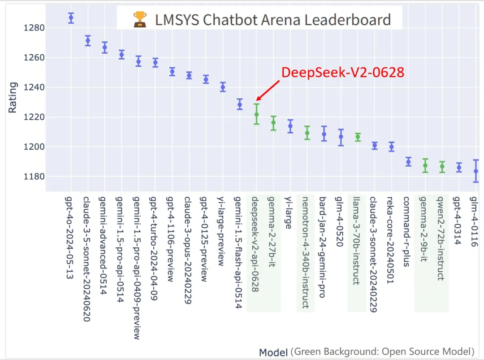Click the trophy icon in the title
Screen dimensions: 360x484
click(140, 19)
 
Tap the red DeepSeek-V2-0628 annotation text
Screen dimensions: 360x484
click(343, 73)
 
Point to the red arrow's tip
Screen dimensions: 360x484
click(257, 100)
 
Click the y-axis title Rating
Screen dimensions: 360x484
click(13, 97)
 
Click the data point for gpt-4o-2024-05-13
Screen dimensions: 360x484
click(71, 18)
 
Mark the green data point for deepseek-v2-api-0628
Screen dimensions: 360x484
click(256, 114)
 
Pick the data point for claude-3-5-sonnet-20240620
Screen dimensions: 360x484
click(88, 41)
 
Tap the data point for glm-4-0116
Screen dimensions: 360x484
click(476, 171)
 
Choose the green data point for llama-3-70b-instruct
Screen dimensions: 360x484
click(358, 137)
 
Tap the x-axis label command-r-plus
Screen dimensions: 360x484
click(407, 231)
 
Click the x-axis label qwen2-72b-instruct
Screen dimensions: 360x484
click(441, 238)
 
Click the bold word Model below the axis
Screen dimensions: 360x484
click(273, 352)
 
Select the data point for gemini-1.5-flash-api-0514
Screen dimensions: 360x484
click(240, 104)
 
